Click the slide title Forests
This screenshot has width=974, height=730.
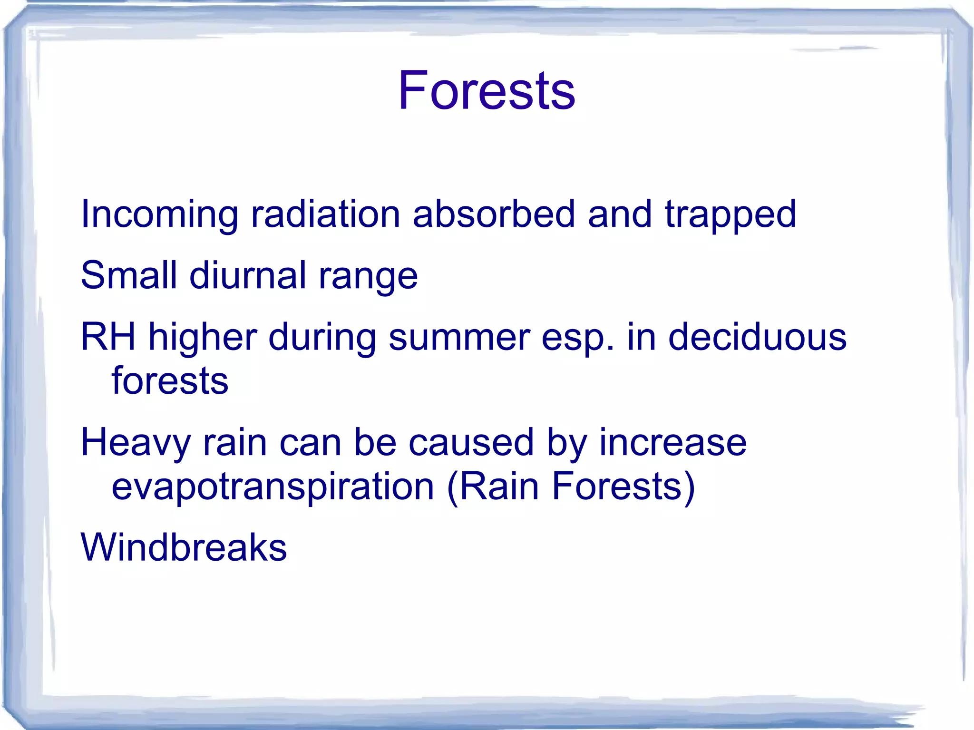tap(486, 90)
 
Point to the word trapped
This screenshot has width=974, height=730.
tap(730, 215)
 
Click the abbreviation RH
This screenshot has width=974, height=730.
tap(108, 337)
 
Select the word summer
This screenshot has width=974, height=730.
tap(459, 337)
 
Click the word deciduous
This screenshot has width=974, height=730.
tap(757, 337)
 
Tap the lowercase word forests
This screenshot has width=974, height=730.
tap(170, 380)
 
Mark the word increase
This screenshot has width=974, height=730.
tap(672, 442)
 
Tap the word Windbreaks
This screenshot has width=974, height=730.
tap(184, 547)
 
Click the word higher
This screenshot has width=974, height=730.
tap(203, 337)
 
